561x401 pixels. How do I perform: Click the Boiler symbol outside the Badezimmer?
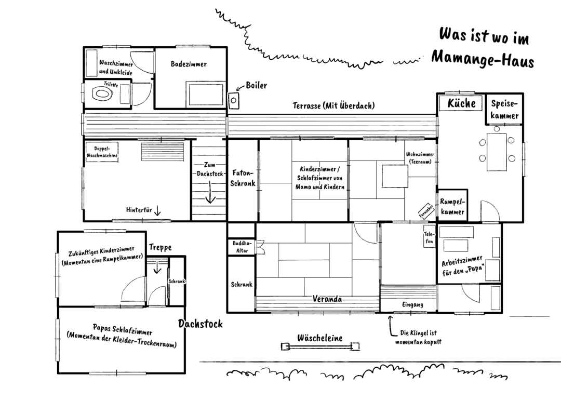point(233,100)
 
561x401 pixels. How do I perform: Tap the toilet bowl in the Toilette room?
point(103,94)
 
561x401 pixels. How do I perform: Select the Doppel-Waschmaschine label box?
point(102,152)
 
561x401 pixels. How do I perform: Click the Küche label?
point(462,103)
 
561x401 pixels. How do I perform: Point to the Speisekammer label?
point(504,110)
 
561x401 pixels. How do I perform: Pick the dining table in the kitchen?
point(497,152)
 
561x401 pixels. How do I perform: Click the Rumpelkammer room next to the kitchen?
point(452,206)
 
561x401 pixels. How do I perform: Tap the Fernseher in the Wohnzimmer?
point(426,211)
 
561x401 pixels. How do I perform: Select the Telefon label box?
point(430,237)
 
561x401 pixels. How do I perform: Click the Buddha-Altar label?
point(242,247)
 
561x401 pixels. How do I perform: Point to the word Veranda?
point(327,299)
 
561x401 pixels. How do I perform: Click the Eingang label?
point(412,304)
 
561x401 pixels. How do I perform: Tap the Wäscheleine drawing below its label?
point(320,346)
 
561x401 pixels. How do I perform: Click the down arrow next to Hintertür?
point(157,211)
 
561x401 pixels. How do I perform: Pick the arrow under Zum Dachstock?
point(210,192)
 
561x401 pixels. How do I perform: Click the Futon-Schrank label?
point(243,178)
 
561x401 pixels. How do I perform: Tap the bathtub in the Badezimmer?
point(206,95)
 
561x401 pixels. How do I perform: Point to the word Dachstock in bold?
point(201,324)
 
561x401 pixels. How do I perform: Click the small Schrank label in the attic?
point(177,281)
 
